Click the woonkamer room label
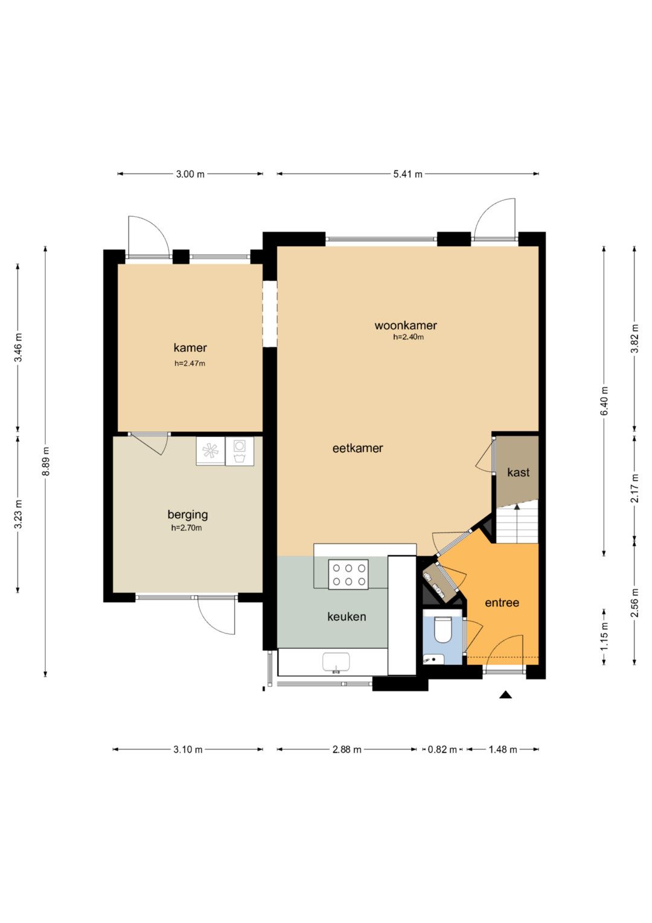click(x=406, y=326)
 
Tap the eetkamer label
click(x=357, y=449)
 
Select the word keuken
click(x=347, y=617)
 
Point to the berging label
click(x=188, y=515)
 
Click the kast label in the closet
click(x=518, y=472)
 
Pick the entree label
click(x=502, y=603)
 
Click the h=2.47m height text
click(x=190, y=363)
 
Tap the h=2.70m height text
click(x=187, y=528)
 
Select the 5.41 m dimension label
click(x=407, y=174)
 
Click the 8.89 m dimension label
click(x=46, y=461)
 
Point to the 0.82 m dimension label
click(x=442, y=750)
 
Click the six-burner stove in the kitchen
click(x=349, y=574)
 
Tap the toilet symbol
click(x=443, y=630)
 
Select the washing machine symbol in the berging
click(x=239, y=451)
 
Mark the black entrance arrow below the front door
click(x=505, y=695)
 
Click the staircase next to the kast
click(x=517, y=522)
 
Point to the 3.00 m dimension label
click(x=190, y=174)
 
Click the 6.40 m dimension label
click(x=604, y=401)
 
